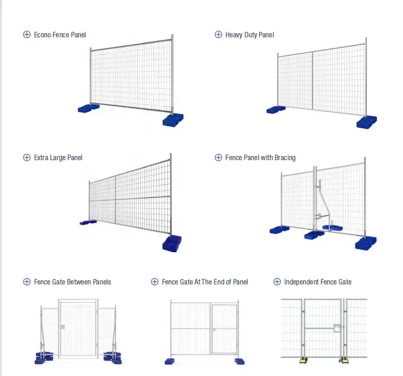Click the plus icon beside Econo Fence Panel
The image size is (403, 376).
[27, 35]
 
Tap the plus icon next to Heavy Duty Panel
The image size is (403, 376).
[218, 35]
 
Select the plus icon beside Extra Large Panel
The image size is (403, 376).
[27, 158]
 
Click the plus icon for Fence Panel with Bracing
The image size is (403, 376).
[218, 158]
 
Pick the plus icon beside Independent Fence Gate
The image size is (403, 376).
[277, 282]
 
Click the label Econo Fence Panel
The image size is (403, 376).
[60, 35]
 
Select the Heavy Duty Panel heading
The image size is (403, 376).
[250, 35]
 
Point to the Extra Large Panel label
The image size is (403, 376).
[58, 158]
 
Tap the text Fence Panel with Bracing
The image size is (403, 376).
[260, 158]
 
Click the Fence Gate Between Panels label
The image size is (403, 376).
[72, 282]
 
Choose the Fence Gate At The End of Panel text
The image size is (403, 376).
[205, 282]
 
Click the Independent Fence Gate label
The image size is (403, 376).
[318, 282]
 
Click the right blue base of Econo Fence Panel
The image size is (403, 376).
[172, 120]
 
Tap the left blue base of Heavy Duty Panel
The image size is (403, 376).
[276, 109]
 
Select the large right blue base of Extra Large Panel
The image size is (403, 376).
[171, 243]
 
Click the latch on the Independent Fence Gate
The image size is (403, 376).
[337, 329]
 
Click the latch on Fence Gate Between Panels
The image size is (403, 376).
[62, 326]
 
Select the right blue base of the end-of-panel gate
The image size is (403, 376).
[239, 361]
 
